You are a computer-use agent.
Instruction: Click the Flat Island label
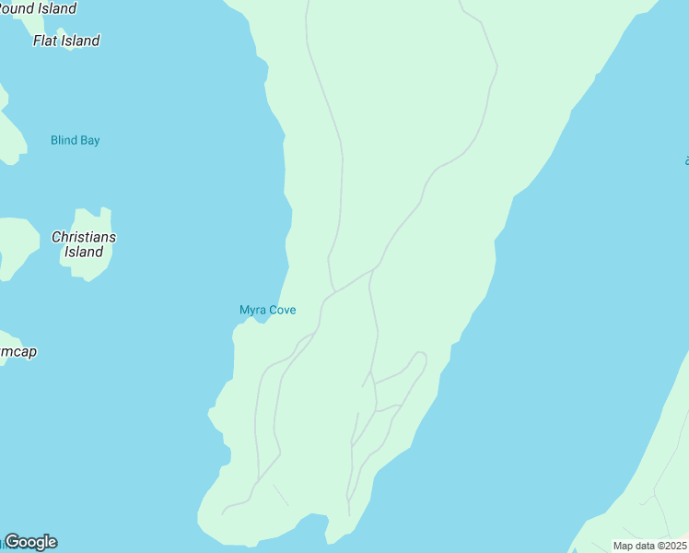tap(66, 41)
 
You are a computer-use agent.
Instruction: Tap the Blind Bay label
tap(76, 140)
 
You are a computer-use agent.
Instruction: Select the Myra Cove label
tap(268, 310)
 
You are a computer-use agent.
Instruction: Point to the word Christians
tap(84, 237)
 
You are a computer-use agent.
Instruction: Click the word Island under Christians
tap(84, 252)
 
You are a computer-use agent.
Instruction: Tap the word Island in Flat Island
tap(81, 41)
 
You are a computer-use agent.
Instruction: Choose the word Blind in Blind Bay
tap(64, 140)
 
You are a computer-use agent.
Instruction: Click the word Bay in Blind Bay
tap(89, 140)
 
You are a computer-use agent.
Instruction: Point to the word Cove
tap(282, 310)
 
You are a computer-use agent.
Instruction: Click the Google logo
tap(31, 542)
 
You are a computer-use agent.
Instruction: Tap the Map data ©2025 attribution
tap(650, 546)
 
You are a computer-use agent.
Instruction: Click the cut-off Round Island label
tap(38, 8)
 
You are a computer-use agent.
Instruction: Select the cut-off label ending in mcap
tap(18, 351)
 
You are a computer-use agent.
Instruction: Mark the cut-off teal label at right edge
tap(686, 161)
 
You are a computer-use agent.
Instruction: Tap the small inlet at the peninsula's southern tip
tap(327, 528)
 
